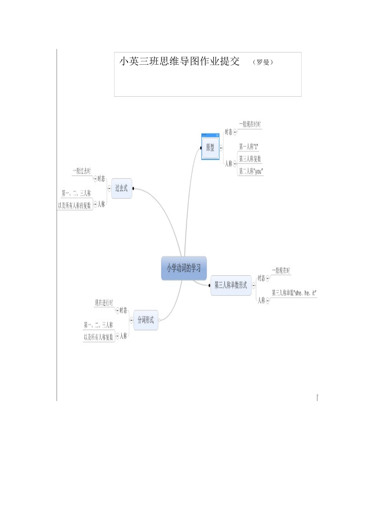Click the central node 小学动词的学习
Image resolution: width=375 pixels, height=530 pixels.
coord(184,268)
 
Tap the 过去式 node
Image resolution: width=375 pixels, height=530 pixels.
coord(121,188)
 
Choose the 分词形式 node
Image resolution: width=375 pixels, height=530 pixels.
coord(146,320)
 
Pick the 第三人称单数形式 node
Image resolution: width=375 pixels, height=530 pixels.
coord(231,285)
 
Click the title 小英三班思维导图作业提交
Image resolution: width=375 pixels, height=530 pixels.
coord(180,62)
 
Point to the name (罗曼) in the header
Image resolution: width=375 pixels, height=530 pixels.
coord(263,62)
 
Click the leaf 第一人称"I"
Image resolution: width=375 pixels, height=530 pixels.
coord(249,147)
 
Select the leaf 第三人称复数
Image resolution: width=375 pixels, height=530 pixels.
coord(250,159)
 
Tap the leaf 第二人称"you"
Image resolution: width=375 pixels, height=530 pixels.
coord(251,171)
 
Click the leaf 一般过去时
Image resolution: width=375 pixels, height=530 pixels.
coord(82,171)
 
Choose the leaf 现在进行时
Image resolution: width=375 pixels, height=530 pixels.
coord(104,302)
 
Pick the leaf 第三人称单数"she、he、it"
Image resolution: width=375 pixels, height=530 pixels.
coord(294,293)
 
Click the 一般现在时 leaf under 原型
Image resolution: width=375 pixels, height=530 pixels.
coord(250,124)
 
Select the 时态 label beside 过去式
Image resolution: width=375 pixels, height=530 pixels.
coord(101,179)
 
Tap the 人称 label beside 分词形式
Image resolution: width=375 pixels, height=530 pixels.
coord(124,336)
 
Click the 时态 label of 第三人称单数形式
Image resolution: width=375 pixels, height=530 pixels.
coord(261,278)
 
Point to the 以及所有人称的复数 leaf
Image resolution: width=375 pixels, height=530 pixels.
coord(75,205)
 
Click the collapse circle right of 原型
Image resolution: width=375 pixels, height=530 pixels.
coord(221,148)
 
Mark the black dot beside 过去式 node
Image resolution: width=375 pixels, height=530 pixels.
coord(133,188)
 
